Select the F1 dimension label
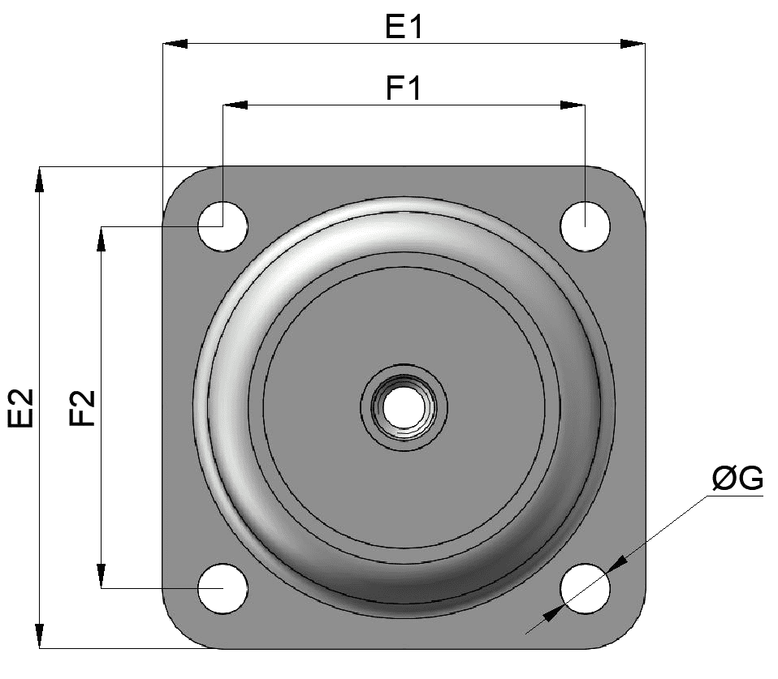tap(404, 88)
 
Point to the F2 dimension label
tap(82, 407)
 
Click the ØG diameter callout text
tap(737, 479)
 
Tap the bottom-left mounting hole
tap(223, 587)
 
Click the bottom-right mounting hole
tap(585, 587)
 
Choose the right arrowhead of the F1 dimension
tap(573, 105)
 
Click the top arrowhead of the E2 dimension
tap(39, 178)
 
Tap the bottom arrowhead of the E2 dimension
tap(39, 636)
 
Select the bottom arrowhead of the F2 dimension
tap(101, 576)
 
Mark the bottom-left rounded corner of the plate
tap(178, 633)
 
